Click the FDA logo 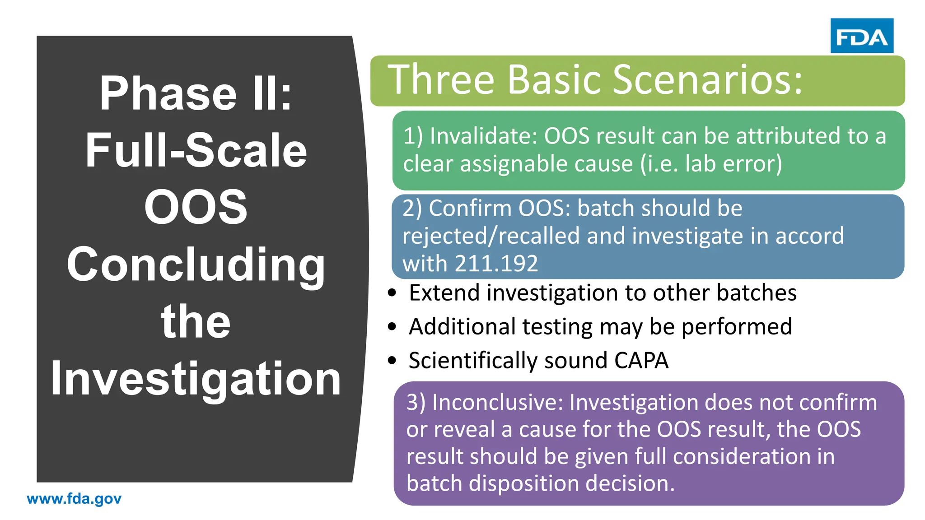pyautogui.click(x=861, y=36)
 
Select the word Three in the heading pyautogui.click(x=441, y=80)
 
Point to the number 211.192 pyautogui.click(x=496, y=264)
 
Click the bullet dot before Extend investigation pyautogui.click(x=392, y=293)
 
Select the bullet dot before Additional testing pyautogui.click(x=392, y=326)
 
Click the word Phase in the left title pyautogui.click(x=168, y=93)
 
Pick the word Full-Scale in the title pyautogui.click(x=196, y=150)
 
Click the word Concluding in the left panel pyautogui.click(x=196, y=265)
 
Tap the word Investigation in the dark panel pyautogui.click(x=196, y=378)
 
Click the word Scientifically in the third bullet pyautogui.click(x=473, y=361)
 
